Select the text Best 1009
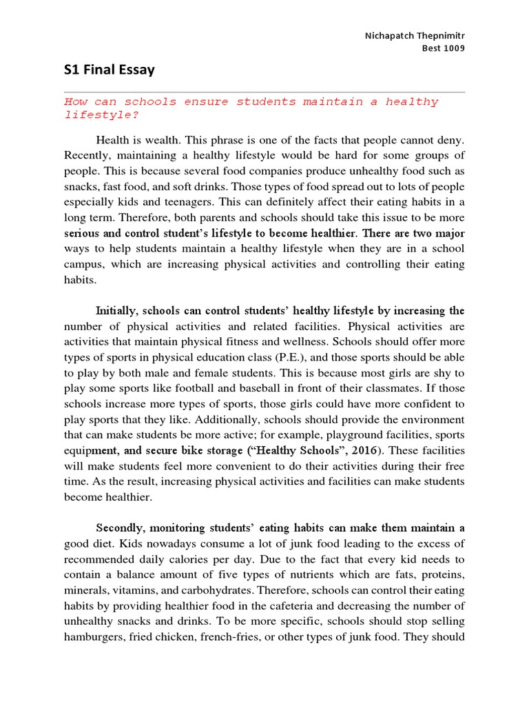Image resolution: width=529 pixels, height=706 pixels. [x=444, y=48]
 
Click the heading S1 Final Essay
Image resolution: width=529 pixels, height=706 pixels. [x=110, y=70]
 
